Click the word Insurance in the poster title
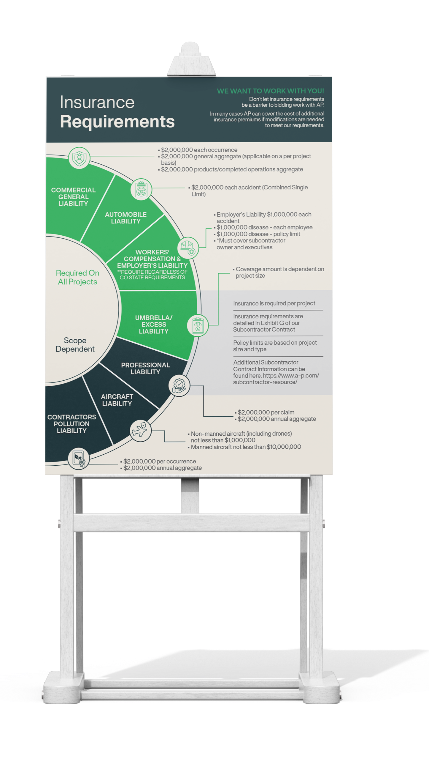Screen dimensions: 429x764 [x=97, y=103]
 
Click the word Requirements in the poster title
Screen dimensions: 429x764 [x=117, y=122]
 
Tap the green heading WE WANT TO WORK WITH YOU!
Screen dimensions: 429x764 [x=270, y=91]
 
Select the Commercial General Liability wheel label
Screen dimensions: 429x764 [x=73, y=197]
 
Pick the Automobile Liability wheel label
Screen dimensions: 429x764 [x=126, y=218]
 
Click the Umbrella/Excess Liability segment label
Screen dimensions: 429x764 [x=154, y=324]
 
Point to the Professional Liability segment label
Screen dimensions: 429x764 [x=145, y=368]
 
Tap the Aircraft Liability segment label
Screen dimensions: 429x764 [x=117, y=400]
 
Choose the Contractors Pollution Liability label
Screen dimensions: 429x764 [x=71, y=424]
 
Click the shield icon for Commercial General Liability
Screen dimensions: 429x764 [x=79, y=158]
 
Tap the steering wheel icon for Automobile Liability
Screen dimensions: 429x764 [x=141, y=190]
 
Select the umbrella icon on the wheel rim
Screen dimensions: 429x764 [x=198, y=325]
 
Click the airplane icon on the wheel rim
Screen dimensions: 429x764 [x=140, y=430]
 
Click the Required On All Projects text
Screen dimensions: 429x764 [x=77, y=277]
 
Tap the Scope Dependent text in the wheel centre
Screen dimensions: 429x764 [x=75, y=345]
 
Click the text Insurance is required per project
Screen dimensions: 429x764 [x=274, y=303]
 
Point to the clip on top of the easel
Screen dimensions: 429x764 [x=190, y=59]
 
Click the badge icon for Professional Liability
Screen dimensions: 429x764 [x=179, y=385]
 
